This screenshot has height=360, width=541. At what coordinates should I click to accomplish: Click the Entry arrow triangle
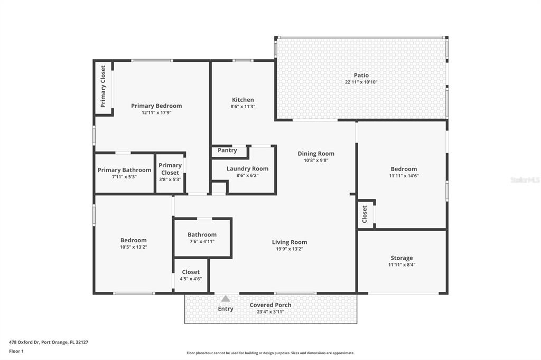click(225, 299)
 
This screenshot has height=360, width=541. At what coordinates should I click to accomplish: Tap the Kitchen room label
click(243, 100)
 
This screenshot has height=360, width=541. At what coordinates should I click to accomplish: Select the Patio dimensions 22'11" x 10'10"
click(361, 82)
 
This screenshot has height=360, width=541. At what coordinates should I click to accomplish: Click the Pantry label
click(227, 150)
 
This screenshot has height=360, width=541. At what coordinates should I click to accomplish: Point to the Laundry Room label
click(247, 168)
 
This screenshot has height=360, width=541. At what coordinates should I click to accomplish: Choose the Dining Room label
click(316, 154)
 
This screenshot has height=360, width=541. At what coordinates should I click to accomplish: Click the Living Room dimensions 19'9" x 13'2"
click(290, 249)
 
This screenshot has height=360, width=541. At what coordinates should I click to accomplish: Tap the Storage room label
click(402, 258)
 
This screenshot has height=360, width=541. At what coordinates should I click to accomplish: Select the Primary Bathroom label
click(124, 170)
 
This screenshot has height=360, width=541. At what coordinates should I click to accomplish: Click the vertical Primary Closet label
click(103, 87)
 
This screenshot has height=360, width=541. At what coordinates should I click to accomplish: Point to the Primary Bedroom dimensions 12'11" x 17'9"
click(156, 112)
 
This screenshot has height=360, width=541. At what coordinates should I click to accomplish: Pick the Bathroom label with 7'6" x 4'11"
click(202, 234)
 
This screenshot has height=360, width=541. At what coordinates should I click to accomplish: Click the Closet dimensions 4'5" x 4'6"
click(191, 279)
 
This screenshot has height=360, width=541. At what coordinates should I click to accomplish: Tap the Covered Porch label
click(270, 305)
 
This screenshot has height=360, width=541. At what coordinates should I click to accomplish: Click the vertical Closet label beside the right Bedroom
click(365, 214)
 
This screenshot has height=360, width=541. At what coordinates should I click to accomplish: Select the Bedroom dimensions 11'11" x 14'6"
click(404, 176)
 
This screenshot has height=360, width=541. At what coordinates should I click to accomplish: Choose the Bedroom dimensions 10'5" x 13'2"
click(134, 247)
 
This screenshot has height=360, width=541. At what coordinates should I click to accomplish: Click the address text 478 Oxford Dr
click(24, 343)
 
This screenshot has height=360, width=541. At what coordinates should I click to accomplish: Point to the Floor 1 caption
click(16, 352)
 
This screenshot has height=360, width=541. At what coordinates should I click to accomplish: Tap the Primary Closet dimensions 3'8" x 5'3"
click(170, 179)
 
